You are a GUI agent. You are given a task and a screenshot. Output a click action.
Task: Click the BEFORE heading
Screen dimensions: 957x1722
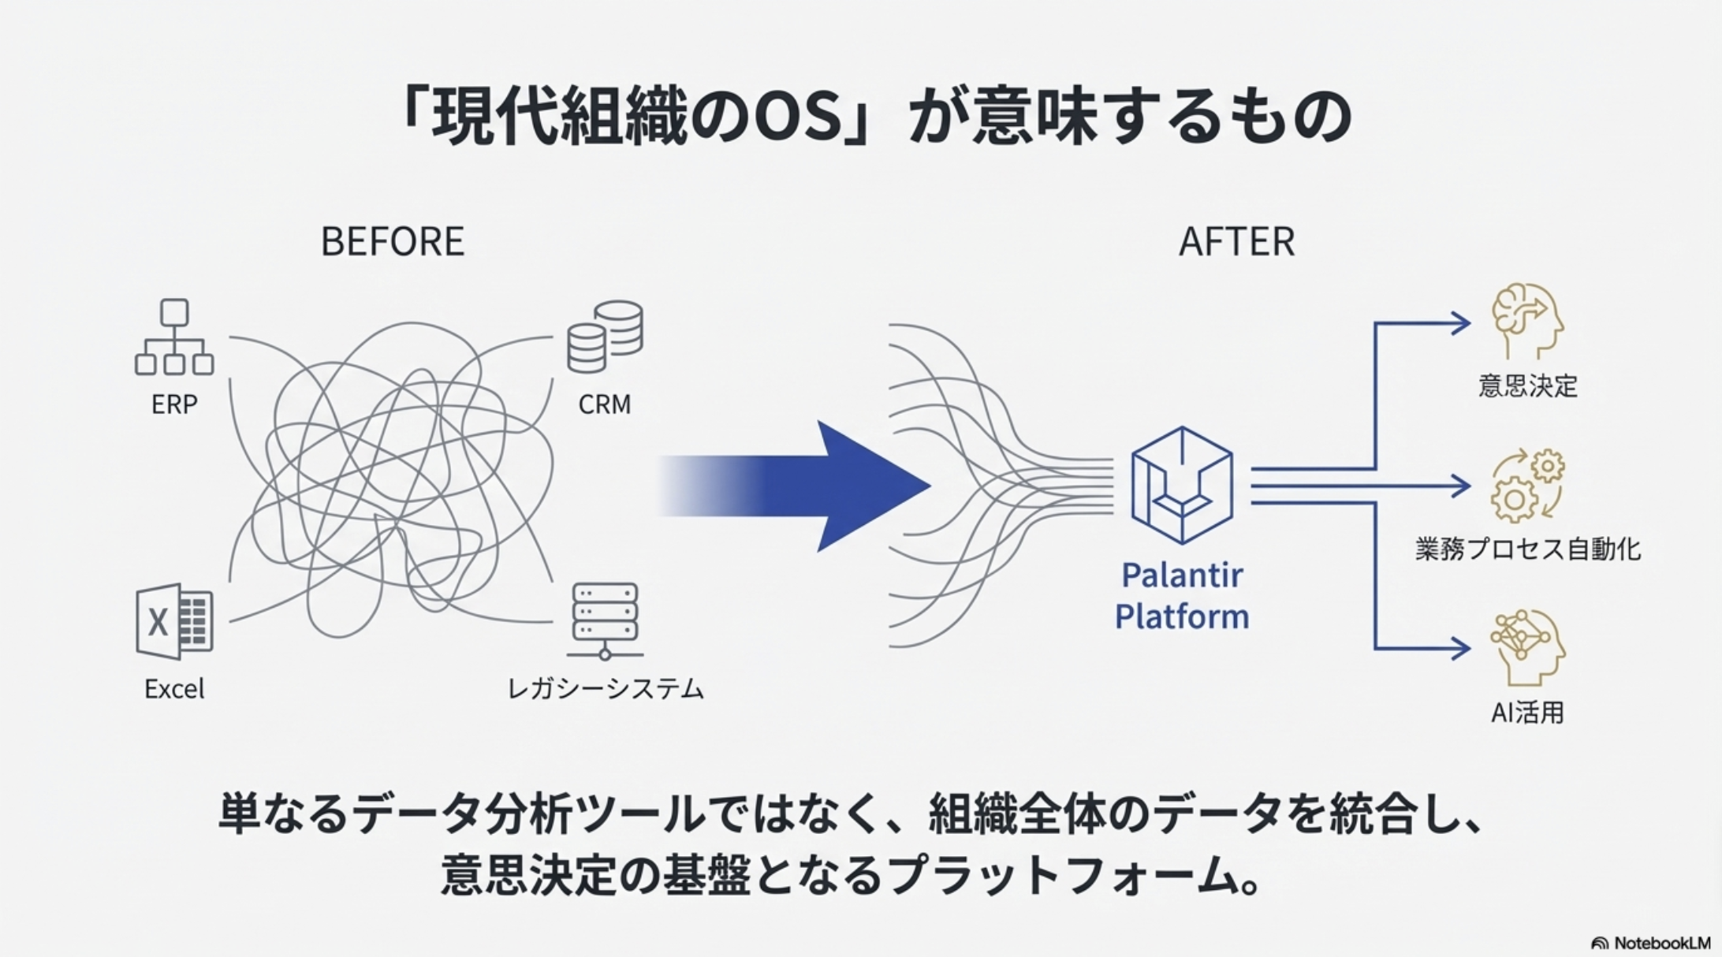(392, 241)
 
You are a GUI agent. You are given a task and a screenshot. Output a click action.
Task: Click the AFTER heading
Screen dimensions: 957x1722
(1236, 241)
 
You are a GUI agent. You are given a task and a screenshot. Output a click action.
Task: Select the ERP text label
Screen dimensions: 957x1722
(174, 404)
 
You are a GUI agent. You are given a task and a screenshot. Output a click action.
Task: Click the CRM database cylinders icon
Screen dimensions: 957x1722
(605, 337)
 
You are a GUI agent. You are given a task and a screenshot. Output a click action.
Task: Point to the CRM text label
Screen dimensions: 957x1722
(605, 404)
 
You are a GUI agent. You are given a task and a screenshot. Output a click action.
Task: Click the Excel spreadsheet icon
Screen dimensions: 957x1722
(174, 621)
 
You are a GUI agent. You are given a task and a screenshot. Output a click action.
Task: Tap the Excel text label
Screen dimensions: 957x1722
(174, 689)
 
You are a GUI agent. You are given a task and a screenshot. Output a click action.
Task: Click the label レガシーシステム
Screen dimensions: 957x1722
(605, 689)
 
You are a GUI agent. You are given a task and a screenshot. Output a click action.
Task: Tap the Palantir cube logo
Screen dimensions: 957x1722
(1181, 485)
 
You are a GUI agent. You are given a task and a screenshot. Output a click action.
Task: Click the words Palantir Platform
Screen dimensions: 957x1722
(1181, 596)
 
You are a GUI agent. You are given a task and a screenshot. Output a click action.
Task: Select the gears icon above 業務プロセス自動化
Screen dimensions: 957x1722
(1527, 485)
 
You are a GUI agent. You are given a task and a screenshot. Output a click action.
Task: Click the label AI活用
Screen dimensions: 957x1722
(1527, 713)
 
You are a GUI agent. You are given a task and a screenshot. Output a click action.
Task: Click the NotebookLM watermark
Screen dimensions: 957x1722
(1651, 943)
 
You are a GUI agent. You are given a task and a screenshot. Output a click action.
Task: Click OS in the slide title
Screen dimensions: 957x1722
(797, 117)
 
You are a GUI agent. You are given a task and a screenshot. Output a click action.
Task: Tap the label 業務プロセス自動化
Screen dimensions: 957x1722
(1527, 549)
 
